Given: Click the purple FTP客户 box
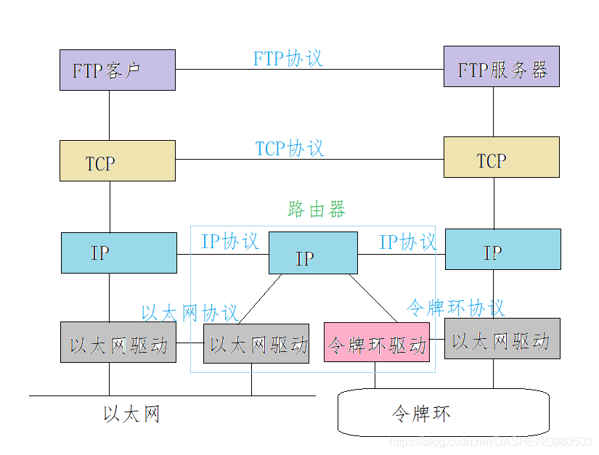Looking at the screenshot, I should (x=117, y=70).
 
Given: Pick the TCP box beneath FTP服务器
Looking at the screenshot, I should (x=501, y=157).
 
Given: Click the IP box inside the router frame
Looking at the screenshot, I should (x=312, y=253).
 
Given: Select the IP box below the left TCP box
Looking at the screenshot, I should (x=118, y=253).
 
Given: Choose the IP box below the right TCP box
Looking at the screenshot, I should (x=502, y=250).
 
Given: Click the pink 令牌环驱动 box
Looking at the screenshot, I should (x=376, y=343).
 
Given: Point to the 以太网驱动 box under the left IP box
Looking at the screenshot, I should (x=118, y=343).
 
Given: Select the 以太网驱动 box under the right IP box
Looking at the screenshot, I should (x=502, y=338).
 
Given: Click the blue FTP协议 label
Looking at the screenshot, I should (x=288, y=59).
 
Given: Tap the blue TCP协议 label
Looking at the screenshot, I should (x=289, y=149).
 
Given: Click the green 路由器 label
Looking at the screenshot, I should (x=317, y=210).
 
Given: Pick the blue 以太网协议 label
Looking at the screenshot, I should (x=190, y=313).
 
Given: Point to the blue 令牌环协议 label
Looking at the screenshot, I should (x=455, y=308).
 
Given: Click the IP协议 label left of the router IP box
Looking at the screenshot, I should (x=229, y=242).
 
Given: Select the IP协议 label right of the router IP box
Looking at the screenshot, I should (x=407, y=242).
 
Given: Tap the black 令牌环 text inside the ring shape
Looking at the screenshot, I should (x=420, y=414).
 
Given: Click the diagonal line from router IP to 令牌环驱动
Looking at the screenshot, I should (x=372, y=298).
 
